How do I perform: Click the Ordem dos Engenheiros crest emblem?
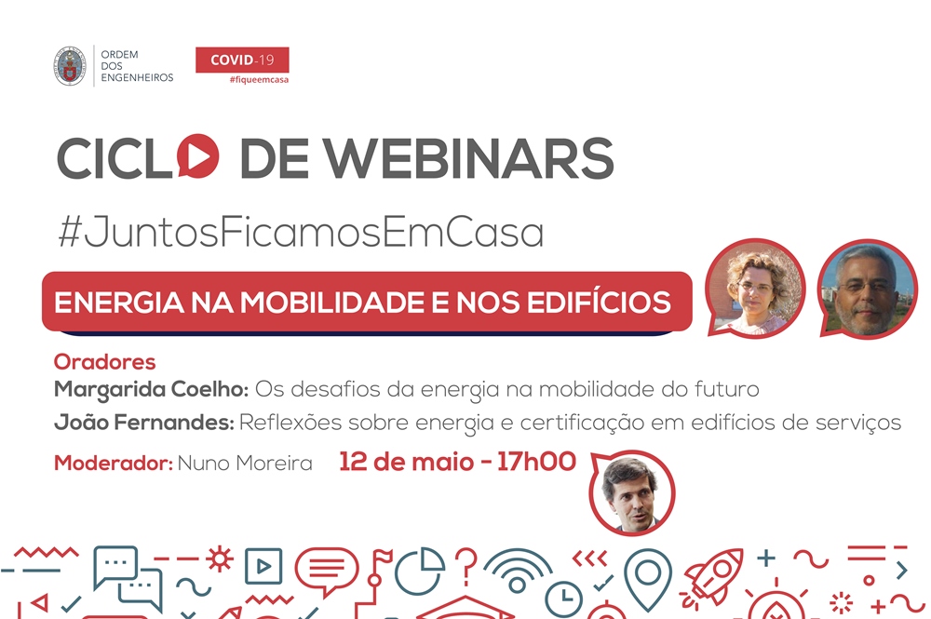point(70,66)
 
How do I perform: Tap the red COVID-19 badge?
point(242,60)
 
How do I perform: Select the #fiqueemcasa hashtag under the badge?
point(259,79)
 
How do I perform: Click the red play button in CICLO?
point(197,156)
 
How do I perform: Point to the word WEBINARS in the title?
point(468,158)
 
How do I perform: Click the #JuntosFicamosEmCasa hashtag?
point(301,232)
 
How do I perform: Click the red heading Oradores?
point(104,361)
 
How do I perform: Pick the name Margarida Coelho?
point(151,390)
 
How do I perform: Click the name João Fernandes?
point(143,423)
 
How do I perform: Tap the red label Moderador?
point(113,463)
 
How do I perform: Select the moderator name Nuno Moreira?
point(245,463)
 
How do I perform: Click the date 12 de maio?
point(406,462)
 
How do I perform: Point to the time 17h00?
point(536,462)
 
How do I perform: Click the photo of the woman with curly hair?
point(755,289)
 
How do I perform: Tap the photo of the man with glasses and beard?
point(867,289)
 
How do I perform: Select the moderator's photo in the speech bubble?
point(632,492)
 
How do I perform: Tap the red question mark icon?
point(466,566)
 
